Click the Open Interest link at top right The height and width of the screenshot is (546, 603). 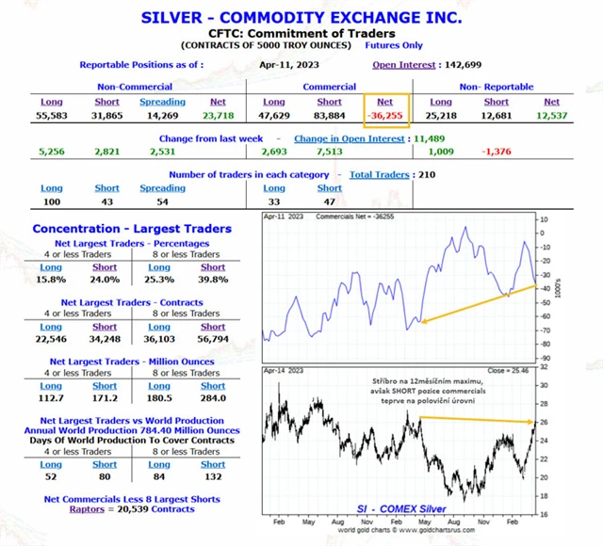point(404,65)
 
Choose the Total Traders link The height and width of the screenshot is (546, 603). point(379,175)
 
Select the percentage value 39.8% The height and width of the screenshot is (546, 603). point(213,280)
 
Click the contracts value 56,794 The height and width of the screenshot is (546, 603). point(213,339)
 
